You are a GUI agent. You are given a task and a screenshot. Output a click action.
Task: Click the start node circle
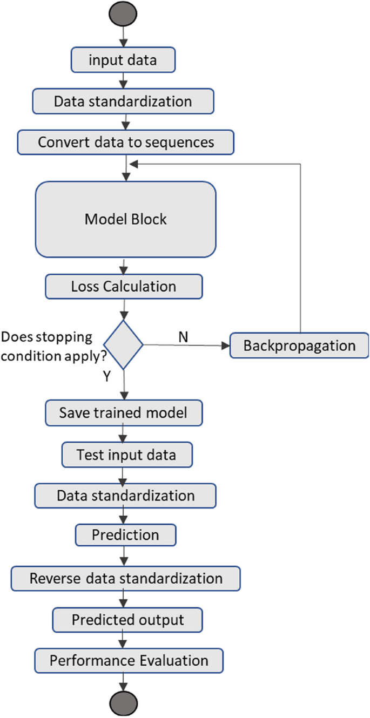[x=125, y=14]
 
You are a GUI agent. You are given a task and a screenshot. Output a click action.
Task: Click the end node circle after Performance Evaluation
[x=125, y=703]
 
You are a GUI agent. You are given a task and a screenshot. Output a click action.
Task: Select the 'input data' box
[x=123, y=60]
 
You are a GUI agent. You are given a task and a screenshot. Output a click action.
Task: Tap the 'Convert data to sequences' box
[x=126, y=143]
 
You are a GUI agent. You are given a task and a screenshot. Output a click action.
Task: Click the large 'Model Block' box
[x=126, y=219]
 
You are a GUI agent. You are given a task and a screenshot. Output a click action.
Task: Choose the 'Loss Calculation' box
[x=124, y=286]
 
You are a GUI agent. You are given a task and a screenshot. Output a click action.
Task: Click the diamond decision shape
[x=124, y=344]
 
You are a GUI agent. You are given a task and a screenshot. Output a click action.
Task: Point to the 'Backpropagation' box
[x=299, y=346]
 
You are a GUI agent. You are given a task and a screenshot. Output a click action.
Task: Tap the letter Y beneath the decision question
[x=106, y=377]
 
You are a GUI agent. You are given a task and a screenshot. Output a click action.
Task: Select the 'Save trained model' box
[x=124, y=412]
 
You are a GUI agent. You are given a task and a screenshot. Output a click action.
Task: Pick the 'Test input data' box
[x=126, y=455]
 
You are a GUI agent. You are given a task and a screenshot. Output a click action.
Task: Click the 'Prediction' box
[x=125, y=535]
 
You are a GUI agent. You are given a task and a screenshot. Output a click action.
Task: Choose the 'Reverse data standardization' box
[x=126, y=578]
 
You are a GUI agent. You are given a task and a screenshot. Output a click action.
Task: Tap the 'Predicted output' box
[x=127, y=619]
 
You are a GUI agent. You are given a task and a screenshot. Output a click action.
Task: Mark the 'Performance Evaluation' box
[x=129, y=660]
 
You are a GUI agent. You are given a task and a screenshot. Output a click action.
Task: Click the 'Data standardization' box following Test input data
[x=125, y=495]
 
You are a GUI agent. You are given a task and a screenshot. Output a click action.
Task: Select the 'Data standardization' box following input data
[x=123, y=101]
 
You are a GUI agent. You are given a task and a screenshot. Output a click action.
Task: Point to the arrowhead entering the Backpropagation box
[x=225, y=345]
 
